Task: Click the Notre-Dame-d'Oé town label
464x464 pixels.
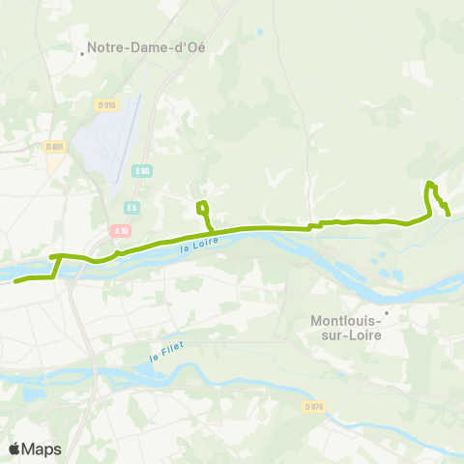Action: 146,46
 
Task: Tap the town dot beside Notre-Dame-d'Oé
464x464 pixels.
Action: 82,53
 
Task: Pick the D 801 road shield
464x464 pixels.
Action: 54,147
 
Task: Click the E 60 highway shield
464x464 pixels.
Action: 142,171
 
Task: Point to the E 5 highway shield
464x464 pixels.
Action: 131,206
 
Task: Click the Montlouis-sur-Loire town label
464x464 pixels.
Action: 346,328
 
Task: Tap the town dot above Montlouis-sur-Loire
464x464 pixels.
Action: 385,312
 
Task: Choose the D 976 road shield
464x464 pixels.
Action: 311,407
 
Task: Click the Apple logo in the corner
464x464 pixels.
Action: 14,449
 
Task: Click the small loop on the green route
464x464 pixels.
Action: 202,206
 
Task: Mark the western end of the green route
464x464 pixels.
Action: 15,281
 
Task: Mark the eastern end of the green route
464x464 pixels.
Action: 448,215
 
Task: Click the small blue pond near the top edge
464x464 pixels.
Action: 260,32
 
